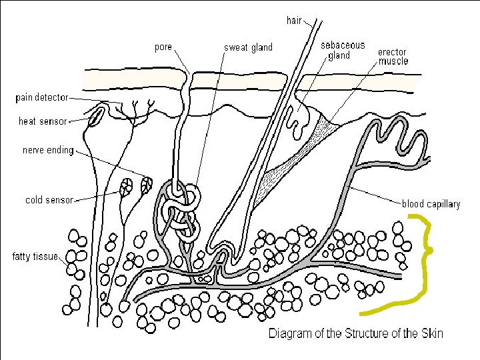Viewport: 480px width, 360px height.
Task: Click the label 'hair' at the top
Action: pyautogui.click(x=294, y=21)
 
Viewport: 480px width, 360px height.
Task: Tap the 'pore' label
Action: pyautogui.click(x=163, y=47)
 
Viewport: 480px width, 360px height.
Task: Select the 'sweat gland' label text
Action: pyautogui.click(x=248, y=47)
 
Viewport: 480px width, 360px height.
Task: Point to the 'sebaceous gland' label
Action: pyautogui.click(x=343, y=51)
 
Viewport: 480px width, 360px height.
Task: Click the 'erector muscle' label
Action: pyautogui.click(x=393, y=56)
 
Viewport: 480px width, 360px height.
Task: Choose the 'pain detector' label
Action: pyautogui.click(x=42, y=97)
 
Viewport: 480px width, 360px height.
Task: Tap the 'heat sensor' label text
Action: pyautogui.click(x=43, y=121)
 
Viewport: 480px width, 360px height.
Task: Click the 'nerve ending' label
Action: pyautogui.click(x=47, y=150)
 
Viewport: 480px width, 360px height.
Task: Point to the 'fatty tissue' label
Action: pyautogui.click(x=35, y=256)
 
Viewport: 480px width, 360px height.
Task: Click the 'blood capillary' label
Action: pyautogui.click(x=431, y=204)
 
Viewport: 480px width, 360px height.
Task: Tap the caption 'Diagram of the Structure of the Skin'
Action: pyautogui.click(x=355, y=333)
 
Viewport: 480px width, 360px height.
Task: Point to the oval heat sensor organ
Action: pyautogui.click(x=97, y=116)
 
